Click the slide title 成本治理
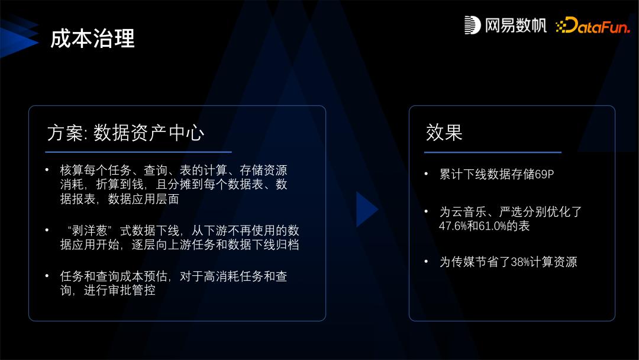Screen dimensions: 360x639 coord(92,38)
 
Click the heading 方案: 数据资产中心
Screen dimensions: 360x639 coord(125,132)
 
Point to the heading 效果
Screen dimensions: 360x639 coord(444,132)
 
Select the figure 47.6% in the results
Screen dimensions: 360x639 coord(453,226)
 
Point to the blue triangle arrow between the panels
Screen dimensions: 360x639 coord(366,209)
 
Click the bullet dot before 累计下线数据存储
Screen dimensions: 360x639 coord(426,174)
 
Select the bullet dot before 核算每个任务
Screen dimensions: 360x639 coord(47,170)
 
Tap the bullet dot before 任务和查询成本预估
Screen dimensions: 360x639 coord(47,275)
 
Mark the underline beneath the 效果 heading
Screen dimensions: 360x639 coord(493,152)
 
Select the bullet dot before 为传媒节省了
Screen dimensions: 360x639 coord(426,261)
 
